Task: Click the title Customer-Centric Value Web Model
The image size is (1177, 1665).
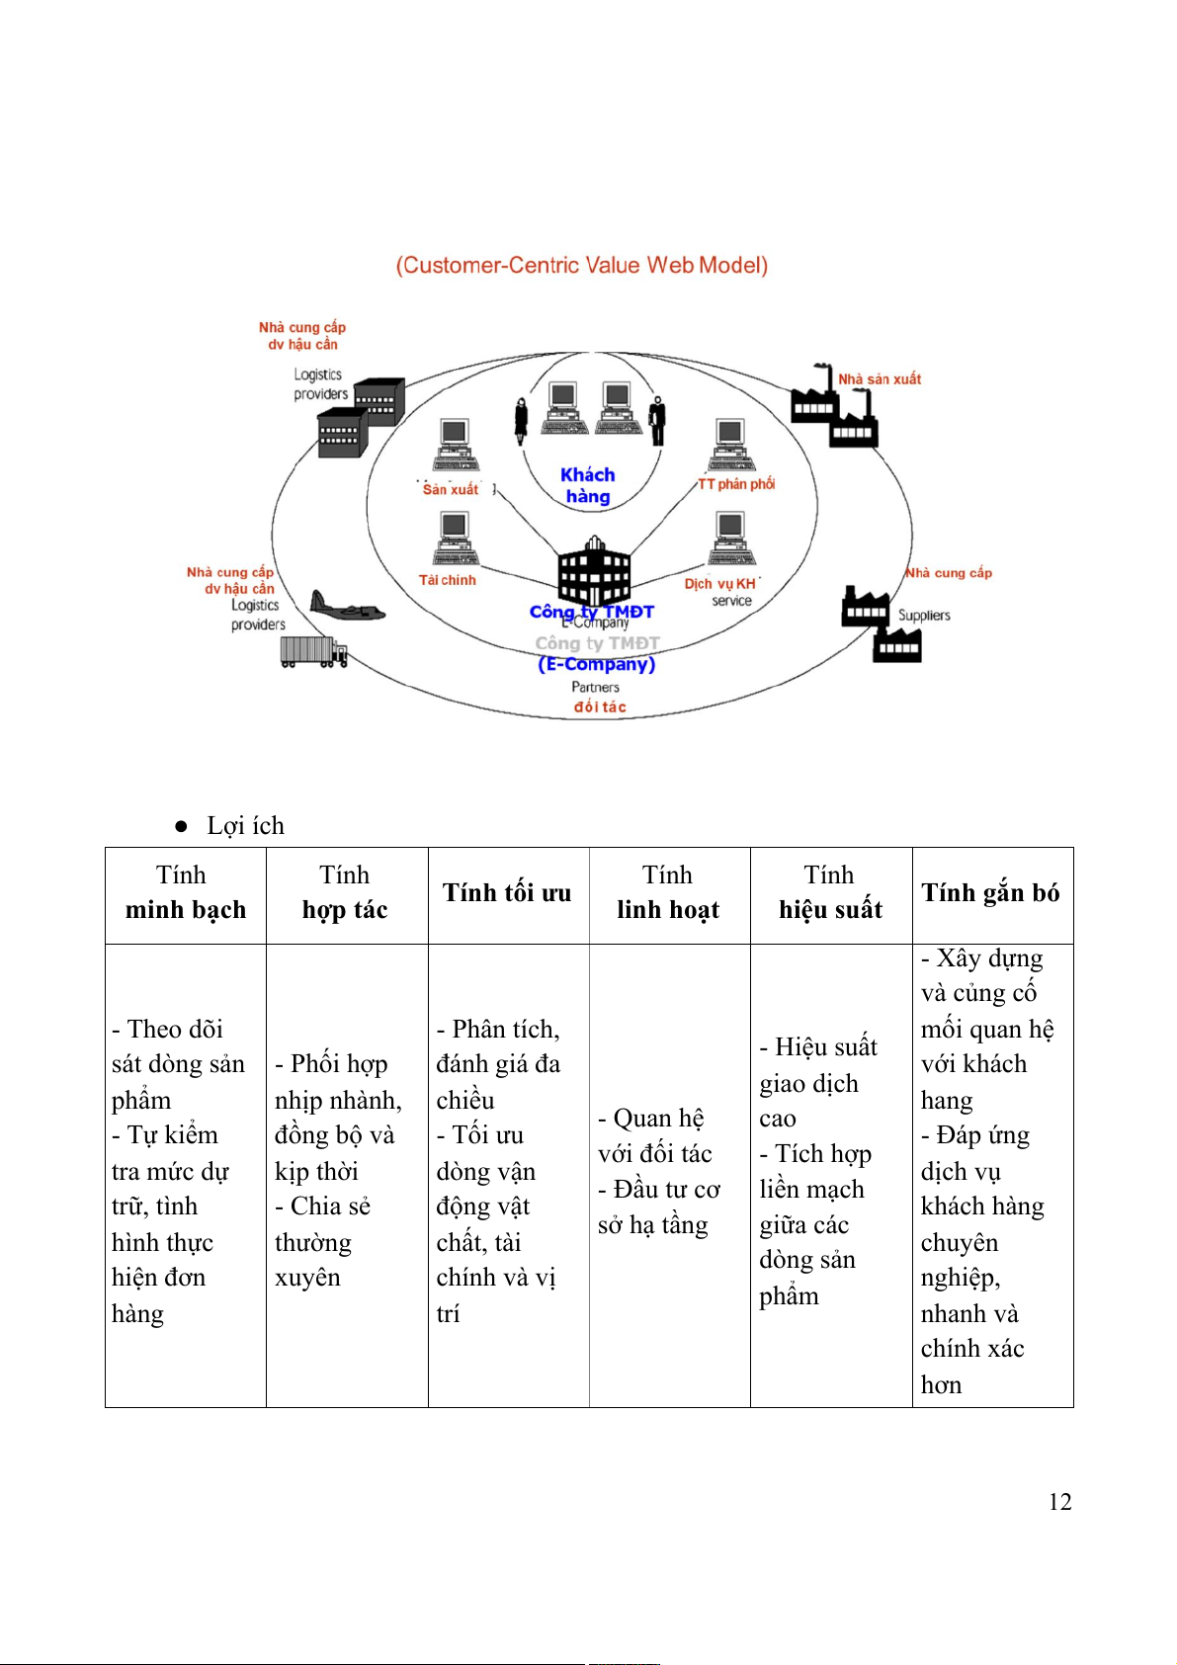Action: coord(582,265)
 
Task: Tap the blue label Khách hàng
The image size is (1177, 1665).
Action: coord(587,485)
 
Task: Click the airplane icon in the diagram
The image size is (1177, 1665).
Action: coord(346,605)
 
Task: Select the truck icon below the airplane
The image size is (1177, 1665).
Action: coord(313,652)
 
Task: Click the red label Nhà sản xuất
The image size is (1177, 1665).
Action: coord(880,378)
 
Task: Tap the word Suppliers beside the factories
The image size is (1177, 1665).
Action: coord(924,615)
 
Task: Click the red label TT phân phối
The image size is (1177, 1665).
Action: coord(736,484)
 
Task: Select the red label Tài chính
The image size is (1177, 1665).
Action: coord(448,580)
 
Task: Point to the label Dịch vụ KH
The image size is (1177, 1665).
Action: coord(720,584)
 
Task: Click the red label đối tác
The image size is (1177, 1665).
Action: coord(600,707)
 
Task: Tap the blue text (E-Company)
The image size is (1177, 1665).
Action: coord(596,664)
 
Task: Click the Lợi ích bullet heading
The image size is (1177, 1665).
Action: coord(245,825)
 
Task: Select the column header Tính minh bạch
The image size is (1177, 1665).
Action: coord(186,893)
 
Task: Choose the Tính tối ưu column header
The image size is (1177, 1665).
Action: coord(507,893)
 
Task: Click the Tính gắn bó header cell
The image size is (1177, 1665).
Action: coord(990,893)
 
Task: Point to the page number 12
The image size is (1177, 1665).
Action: coord(1059,1502)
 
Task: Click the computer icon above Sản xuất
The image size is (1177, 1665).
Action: coord(455,445)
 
